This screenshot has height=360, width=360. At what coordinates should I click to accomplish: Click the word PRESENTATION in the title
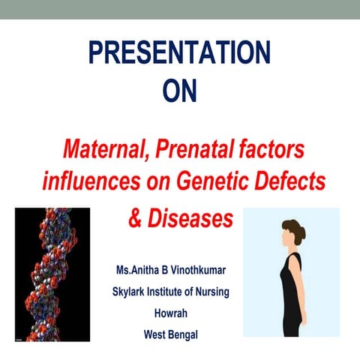click(x=179, y=53)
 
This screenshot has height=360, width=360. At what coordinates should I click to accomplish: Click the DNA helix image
click(x=52, y=274)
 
